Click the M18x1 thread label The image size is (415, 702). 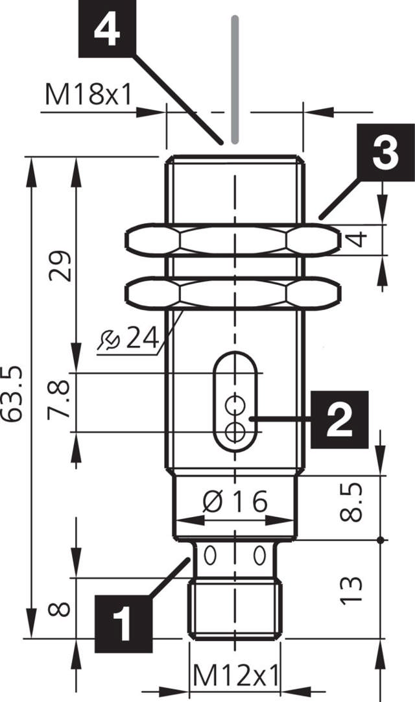[89, 95]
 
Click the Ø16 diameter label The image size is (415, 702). [235, 502]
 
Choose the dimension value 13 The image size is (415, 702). [350, 589]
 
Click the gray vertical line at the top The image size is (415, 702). [235, 78]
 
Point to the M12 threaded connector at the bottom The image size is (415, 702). [235, 610]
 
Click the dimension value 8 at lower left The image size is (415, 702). [60, 609]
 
